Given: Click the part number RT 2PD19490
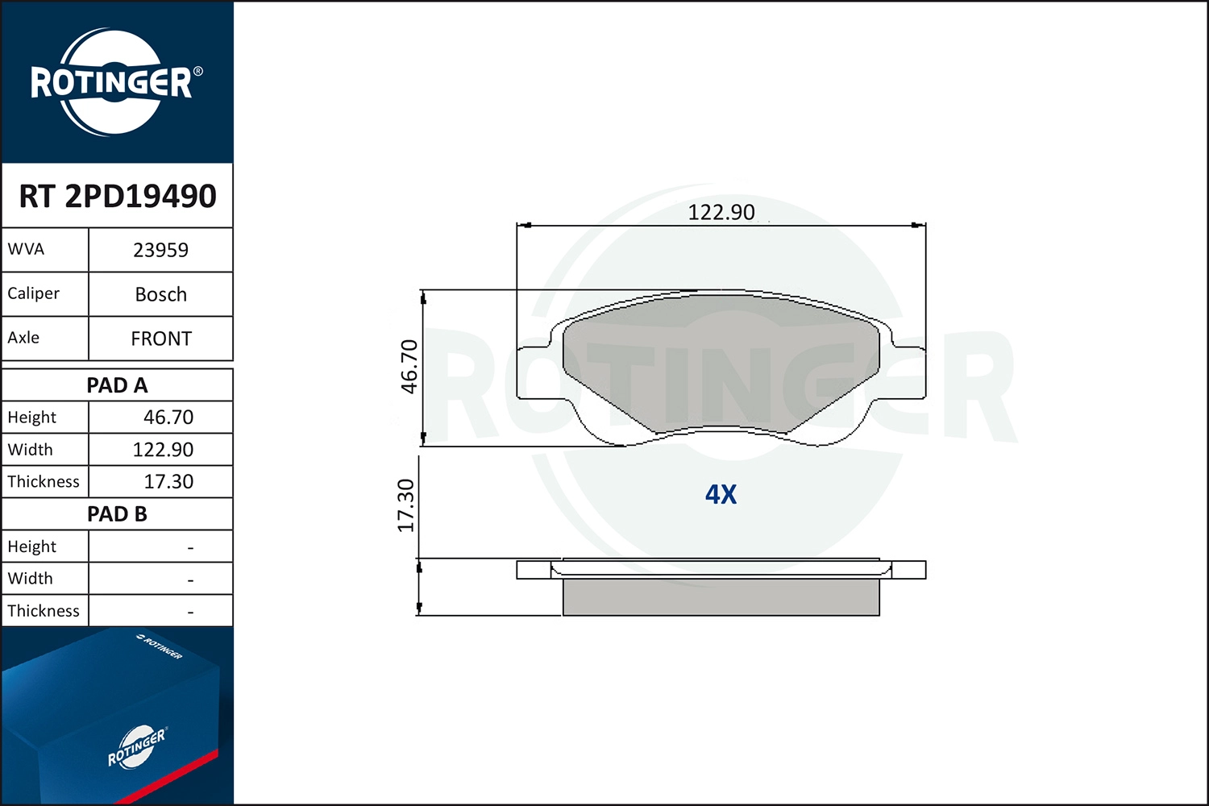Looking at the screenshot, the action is pyautogui.click(x=118, y=196).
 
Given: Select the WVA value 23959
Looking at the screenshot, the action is pyautogui.click(x=161, y=250).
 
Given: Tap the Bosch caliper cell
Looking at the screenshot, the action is pyautogui.click(x=161, y=294).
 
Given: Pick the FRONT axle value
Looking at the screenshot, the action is pyautogui.click(x=161, y=339).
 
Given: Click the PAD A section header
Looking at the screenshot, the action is pyautogui.click(x=117, y=385).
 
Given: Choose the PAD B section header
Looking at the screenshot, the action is pyautogui.click(x=117, y=514).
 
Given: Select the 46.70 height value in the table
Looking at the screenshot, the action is pyautogui.click(x=168, y=418).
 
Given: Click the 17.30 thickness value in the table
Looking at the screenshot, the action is pyautogui.click(x=168, y=481).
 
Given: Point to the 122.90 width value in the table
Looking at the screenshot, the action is pyautogui.click(x=163, y=450).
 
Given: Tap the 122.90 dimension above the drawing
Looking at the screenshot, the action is pyautogui.click(x=721, y=212).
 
